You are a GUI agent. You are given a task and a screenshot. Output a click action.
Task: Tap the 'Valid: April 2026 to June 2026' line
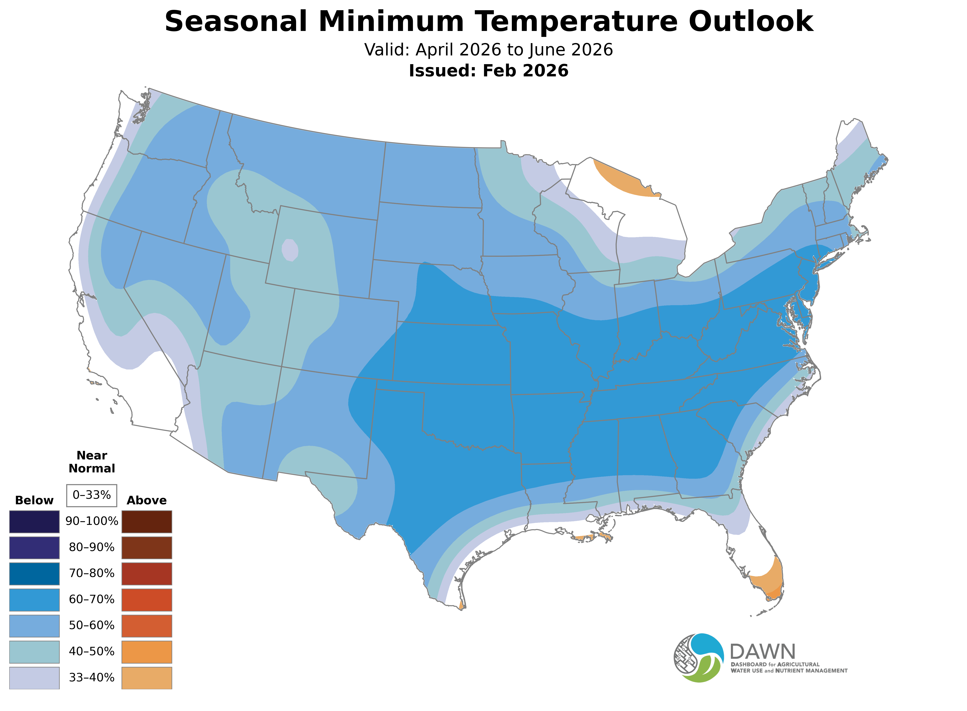488,50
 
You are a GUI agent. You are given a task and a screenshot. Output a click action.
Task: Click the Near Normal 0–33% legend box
92,495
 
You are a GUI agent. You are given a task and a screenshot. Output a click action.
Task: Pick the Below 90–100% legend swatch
34,522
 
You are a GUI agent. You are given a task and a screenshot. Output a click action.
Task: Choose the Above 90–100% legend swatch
147,522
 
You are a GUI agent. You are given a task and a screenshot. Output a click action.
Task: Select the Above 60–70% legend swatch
147,600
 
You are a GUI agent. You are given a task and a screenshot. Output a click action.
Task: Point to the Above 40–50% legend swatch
147,652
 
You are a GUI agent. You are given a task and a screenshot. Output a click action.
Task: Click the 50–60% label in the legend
92,625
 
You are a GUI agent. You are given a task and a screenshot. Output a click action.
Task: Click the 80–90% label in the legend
92,547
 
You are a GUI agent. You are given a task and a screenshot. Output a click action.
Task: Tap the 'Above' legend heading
147,501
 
